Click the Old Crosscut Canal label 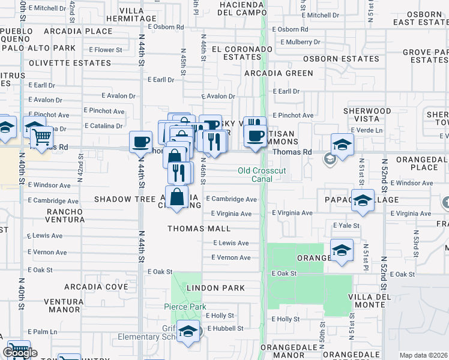pyautogui.click(x=263, y=175)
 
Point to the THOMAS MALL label pyautogui.click(x=199, y=229)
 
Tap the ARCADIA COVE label pyautogui.click(x=96, y=287)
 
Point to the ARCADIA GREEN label pyautogui.click(x=279, y=73)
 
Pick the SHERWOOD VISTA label pyautogui.click(x=367, y=115)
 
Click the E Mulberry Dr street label pyautogui.click(x=297, y=42)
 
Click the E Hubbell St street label pyautogui.click(x=225, y=328)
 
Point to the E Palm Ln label pyautogui.click(x=42, y=332)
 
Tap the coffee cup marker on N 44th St pyautogui.click(x=140, y=142)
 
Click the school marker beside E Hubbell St pyautogui.click(x=188, y=332)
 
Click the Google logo pyautogui.click(x=20, y=352)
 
